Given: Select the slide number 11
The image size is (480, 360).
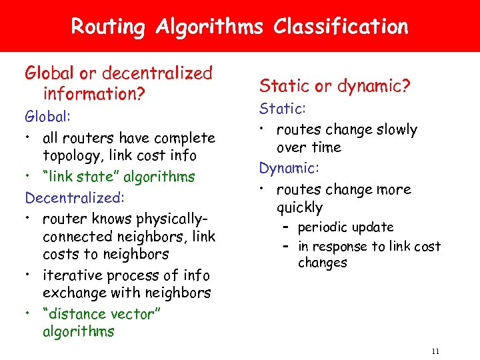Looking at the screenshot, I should pyautogui.click(x=435, y=351).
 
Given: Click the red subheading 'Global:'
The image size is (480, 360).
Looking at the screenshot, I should pyautogui.click(x=47, y=117).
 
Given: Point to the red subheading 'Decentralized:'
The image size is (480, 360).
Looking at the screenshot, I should pyautogui.click(x=65, y=198).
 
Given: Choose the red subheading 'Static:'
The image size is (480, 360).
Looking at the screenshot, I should pyautogui.click(x=281, y=108).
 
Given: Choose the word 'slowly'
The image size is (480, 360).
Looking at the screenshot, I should pyautogui.click(x=394, y=129).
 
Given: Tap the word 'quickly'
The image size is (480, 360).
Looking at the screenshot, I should pyautogui.click(x=299, y=207).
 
